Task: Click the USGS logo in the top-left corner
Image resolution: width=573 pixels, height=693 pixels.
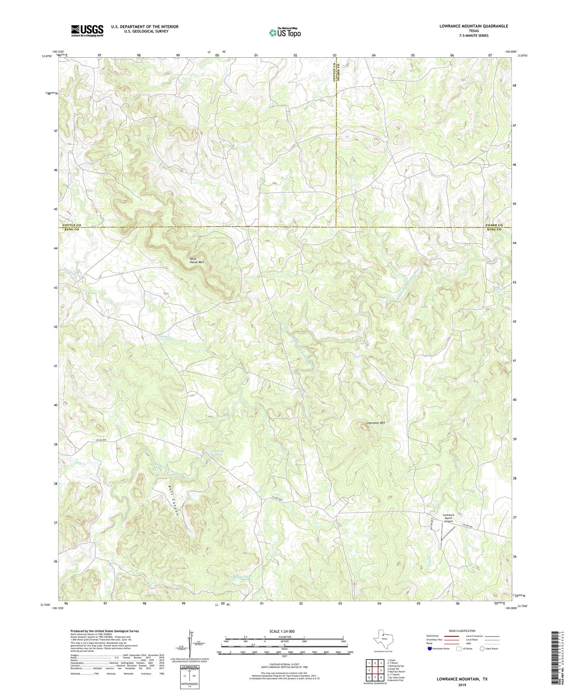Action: (87, 31)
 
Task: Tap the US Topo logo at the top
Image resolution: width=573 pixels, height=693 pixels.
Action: (285, 32)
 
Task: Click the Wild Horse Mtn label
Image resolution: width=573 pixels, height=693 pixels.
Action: (197, 261)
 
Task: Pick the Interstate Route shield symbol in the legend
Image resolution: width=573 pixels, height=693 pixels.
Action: (430, 649)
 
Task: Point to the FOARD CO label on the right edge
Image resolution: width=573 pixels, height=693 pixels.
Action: (494, 226)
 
